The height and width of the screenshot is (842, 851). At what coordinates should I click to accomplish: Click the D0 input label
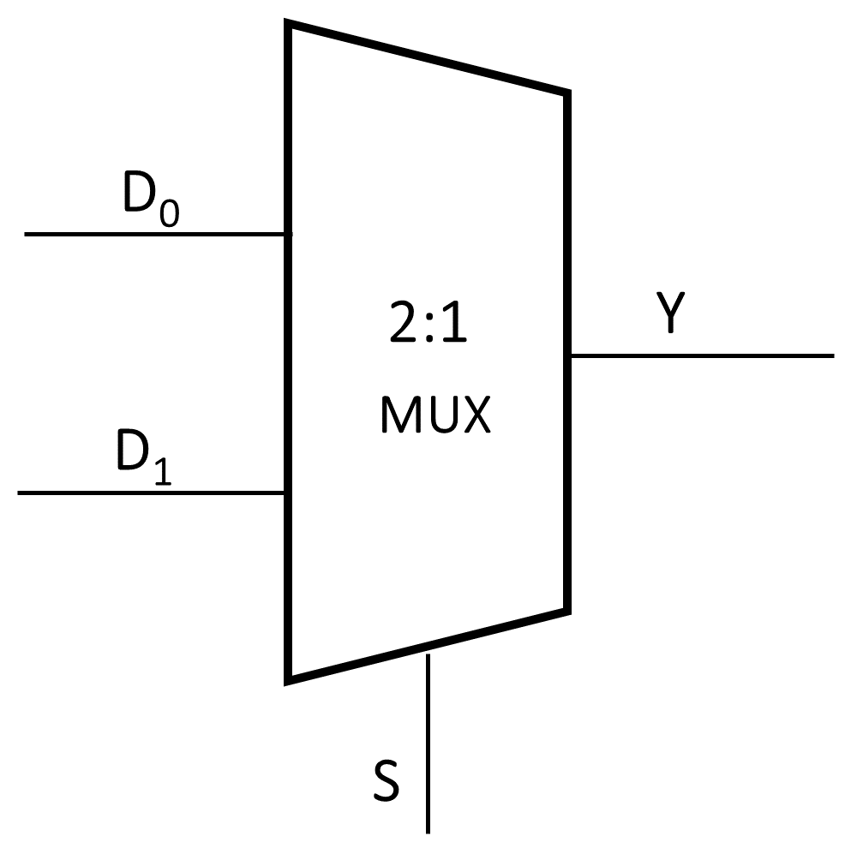(151, 200)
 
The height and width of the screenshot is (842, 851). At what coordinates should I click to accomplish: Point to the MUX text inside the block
(434, 416)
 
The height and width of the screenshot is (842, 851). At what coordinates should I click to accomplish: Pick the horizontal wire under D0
(154, 233)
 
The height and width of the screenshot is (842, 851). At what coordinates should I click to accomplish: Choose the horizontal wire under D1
(151, 493)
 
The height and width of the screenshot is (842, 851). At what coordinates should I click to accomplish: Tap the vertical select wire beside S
(427, 745)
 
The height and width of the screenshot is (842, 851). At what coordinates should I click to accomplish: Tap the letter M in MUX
(397, 416)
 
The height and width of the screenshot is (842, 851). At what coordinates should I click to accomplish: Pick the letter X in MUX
(474, 416)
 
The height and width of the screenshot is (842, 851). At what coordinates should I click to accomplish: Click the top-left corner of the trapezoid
(290, 25)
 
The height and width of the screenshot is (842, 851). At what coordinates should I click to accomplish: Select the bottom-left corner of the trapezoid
(290, 680)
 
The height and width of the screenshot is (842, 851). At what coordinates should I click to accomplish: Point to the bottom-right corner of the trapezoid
(566, 610)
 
